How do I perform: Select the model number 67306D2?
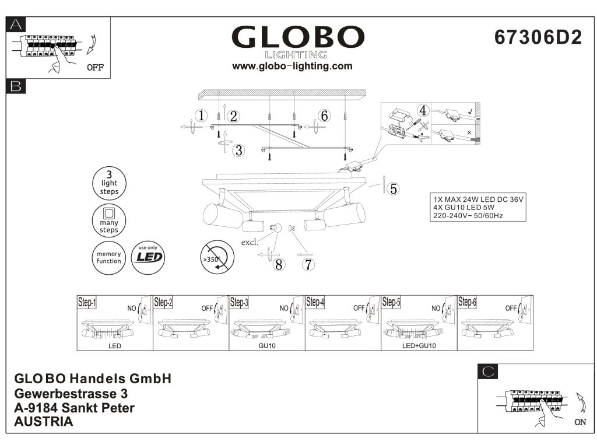(538, 37)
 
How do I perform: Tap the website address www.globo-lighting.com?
(292, 66)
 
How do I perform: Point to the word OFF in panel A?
(94, 67)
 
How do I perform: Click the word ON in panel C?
(580, 422)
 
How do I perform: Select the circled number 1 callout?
(201, 116)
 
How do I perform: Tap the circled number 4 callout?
(423, 110)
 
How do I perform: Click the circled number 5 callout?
(394, 188)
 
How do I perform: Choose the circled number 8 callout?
(279, 264)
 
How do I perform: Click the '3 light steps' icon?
(109, 183)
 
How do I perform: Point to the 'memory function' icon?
(109, 257)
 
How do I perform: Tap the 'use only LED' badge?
(147, 257)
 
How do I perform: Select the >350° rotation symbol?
(216, 257)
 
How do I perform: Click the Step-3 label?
(239, 302)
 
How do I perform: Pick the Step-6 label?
(467, 302)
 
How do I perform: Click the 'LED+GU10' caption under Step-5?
(419, 346)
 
